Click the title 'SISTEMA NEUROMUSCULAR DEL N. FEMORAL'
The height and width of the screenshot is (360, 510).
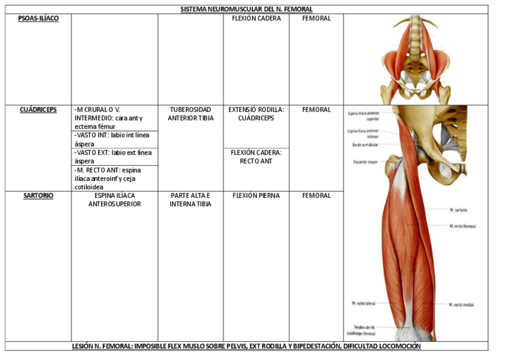[x=247, y=9]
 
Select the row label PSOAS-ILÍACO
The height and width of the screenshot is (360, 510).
[x=38, y=19]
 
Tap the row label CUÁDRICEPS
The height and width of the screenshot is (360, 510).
[x=38, y=110]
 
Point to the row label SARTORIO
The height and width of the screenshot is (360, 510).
[x=38, y=196]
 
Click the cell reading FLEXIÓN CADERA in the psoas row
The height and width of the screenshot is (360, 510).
[x=256, y=19]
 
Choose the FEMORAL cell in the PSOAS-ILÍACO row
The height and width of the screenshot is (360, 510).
[x=316, y=19]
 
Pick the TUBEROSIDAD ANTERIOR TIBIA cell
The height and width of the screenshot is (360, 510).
[x=191, y=114]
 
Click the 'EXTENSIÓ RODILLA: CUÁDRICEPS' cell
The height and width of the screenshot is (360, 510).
[x=256, y=114]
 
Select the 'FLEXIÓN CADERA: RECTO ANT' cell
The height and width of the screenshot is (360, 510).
[x=256, y=157]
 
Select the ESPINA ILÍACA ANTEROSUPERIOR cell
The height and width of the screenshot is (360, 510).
[x=114, y=200]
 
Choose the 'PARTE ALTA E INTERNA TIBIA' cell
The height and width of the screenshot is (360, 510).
[x=191, y=200]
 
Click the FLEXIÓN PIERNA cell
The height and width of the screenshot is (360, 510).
[x=256, y=196]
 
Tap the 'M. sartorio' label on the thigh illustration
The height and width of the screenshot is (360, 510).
[x=458, y=210]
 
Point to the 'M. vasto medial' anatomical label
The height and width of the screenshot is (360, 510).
[x=461, y=305]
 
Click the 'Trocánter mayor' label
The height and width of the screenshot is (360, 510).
[x=366, y=162]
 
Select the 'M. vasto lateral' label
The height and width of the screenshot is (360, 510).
[x=363, y=304]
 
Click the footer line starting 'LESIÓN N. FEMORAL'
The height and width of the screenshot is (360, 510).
[x=247, y=347]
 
